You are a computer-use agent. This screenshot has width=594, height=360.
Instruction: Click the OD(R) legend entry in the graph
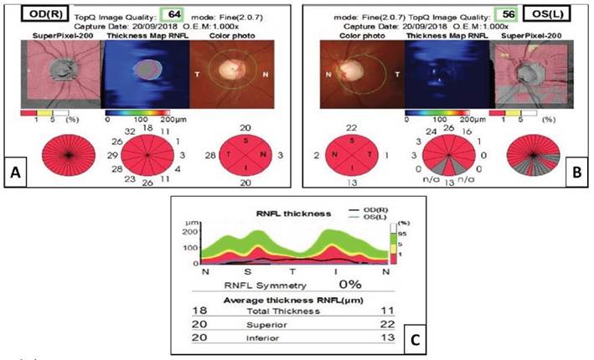click(x=355, y=208)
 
